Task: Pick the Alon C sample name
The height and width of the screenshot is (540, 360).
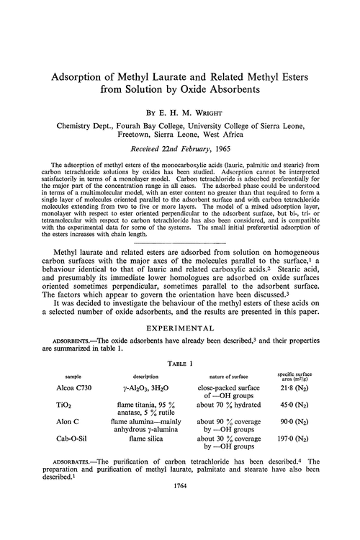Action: pyautogui.click(x=72, y=449)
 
